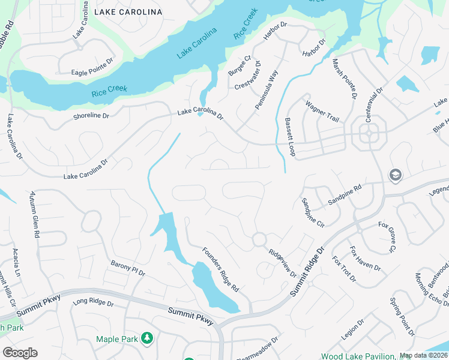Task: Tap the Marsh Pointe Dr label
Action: [x=345, y=81]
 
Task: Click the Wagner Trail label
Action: [x=322, y=112]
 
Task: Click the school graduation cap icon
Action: [x=395, y=175]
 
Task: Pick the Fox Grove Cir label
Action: [x=387, y=236]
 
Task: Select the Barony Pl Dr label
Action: [x=128, y=268]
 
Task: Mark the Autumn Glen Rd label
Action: [x=35, y=215]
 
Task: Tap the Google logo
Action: [x=20, y=352]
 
